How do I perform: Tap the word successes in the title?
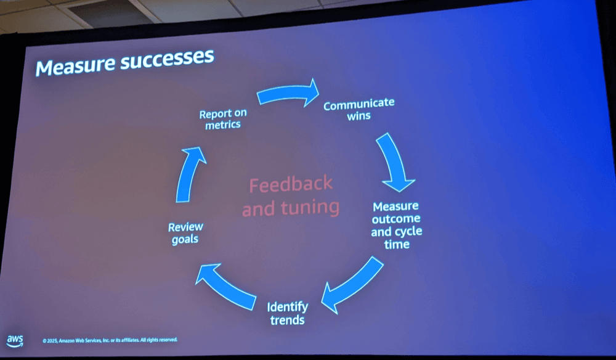click(168, 59)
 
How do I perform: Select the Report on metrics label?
click(223, 119)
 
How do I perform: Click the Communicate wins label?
click(359, 109)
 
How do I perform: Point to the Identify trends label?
click(288, 313)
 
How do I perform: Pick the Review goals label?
click(185, 233)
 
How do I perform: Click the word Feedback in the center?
click(291, 184)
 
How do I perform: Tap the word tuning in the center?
click(310, 208)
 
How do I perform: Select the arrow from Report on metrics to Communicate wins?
click(287, 93)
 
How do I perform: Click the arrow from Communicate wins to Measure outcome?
click(394, 161)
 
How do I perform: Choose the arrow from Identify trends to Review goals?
click(226, 286)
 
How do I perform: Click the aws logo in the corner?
click(15, 341)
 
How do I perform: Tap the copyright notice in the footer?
click(110, 340)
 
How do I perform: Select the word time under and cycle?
click(397, 245)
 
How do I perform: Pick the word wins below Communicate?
click(359, 116)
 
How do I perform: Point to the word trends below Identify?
click(288, 320)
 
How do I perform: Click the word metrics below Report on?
click(223, 125)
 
